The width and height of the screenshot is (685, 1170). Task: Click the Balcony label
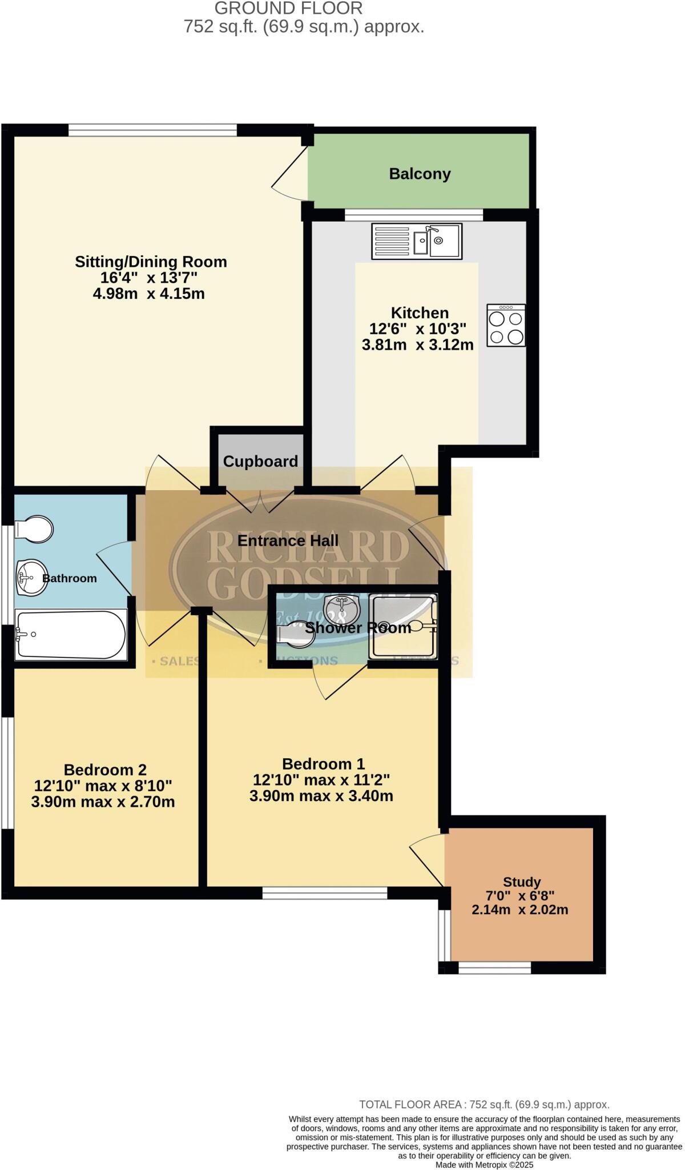click(420, 174)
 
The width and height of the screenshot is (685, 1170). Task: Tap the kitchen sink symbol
click(417, 241)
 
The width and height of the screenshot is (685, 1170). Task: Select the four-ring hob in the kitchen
click(506, 325)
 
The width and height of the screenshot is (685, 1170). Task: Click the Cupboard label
click(260, 461)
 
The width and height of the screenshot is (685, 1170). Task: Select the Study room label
click(522, 882)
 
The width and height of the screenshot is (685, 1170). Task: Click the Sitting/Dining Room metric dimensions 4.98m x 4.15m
click(149, 294)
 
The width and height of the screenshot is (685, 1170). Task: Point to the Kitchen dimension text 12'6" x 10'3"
click(418, 329)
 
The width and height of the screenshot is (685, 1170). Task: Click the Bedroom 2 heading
click(105, 770)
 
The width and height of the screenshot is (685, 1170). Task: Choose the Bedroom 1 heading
click(323, 764)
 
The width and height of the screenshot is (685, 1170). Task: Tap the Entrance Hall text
click(288, 540)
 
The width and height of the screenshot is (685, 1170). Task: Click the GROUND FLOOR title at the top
click(288, 9)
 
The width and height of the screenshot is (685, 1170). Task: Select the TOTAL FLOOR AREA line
click(484, 1105)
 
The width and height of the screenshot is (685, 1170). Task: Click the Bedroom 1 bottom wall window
click(324, 893)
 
